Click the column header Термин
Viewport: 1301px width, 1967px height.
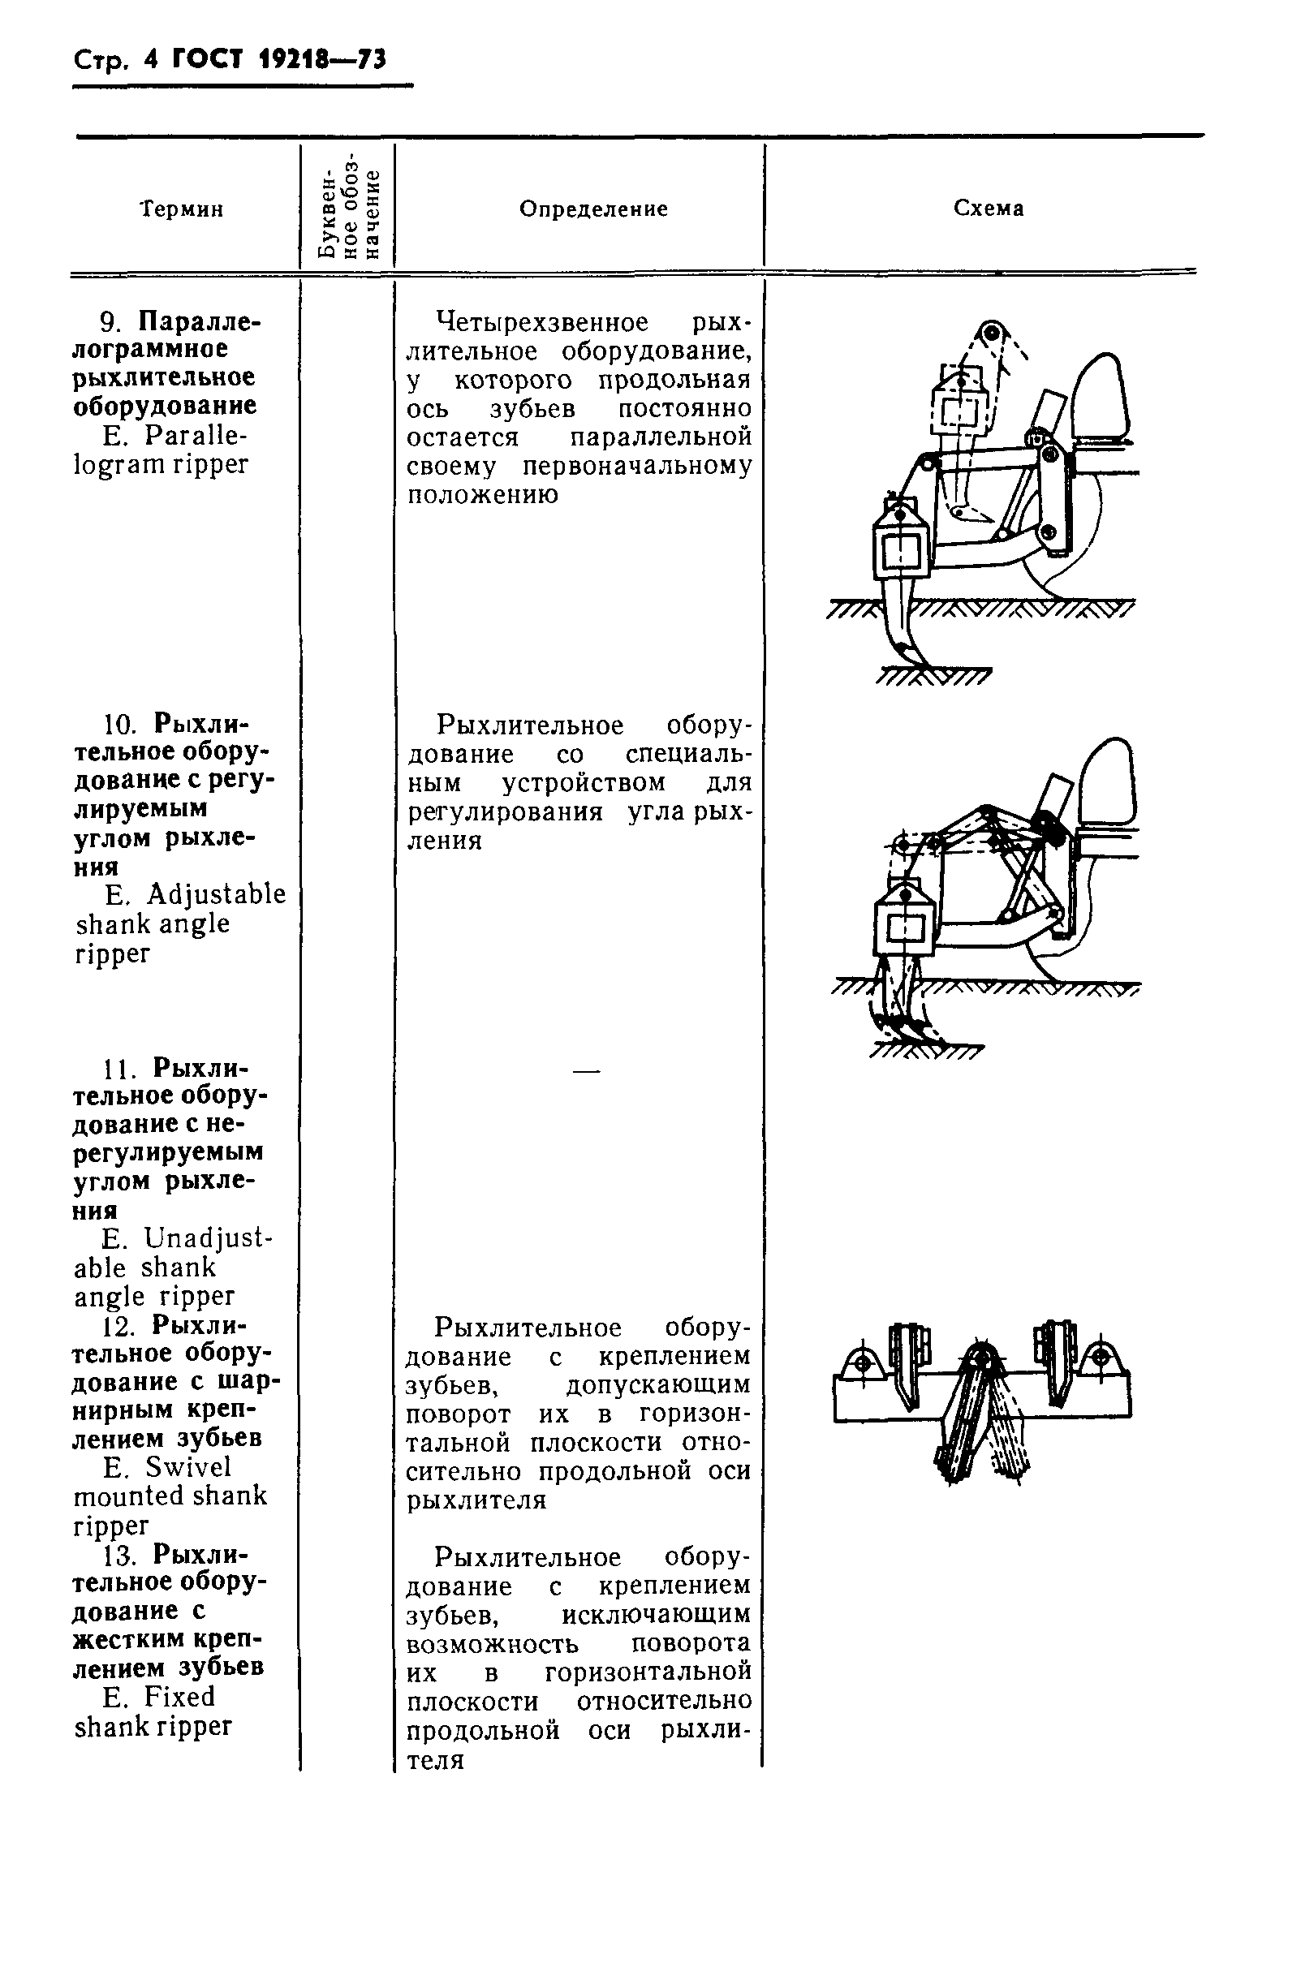coord(182,209)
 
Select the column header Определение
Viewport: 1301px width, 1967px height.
coord(593,209)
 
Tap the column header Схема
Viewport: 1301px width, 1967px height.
coord(989,209)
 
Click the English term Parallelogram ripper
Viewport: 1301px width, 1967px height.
coord(161,450)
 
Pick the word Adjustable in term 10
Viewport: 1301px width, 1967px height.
coord(217,894)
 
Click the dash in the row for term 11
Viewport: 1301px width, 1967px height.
coord(586,1072)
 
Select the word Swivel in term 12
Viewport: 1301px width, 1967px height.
coord(188,1468)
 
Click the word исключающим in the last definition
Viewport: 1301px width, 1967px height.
coord(656,1613)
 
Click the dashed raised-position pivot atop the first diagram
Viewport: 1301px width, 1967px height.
coord(989,334)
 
